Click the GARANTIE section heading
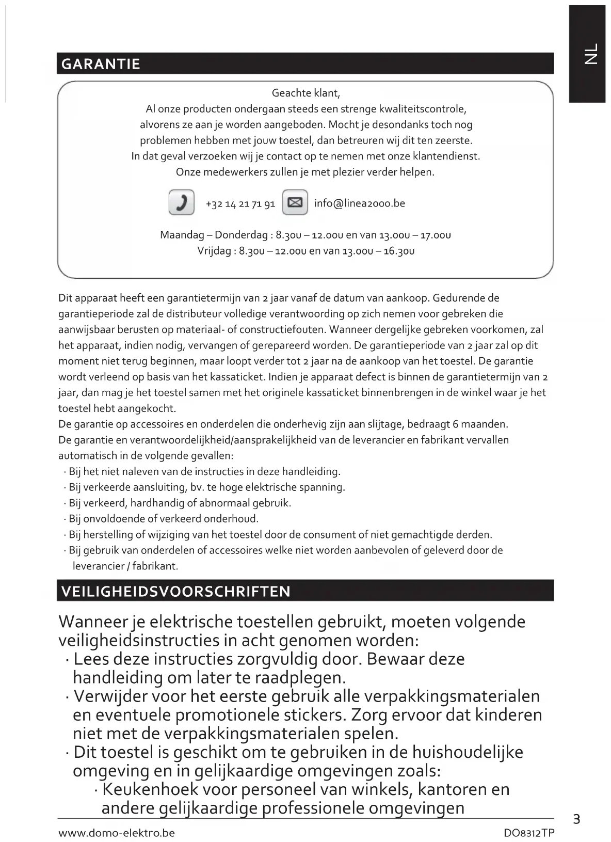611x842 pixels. [x=101, y=64]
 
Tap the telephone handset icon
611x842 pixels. [x=182, y=202]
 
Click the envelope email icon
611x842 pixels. [x=295, y=202]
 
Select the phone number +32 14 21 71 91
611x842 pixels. [x=240, y=204]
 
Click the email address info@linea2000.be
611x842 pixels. [x=359, y=203]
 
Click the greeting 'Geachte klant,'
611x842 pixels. [x=305, y=93]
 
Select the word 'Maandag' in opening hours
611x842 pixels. [x=182, y=235]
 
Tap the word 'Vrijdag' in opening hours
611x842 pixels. [x=216, y=251]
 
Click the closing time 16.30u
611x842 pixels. [x=399, y=251]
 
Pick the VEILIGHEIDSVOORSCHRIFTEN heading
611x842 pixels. [x=176, y=591]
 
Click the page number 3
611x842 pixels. [x=576, y=819]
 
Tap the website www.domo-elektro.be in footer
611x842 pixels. [x=117, y=833]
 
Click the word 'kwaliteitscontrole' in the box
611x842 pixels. [x=422, y=109]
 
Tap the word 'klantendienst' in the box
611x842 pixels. [x=448, y=156]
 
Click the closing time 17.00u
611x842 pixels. [x=436, y=235]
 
